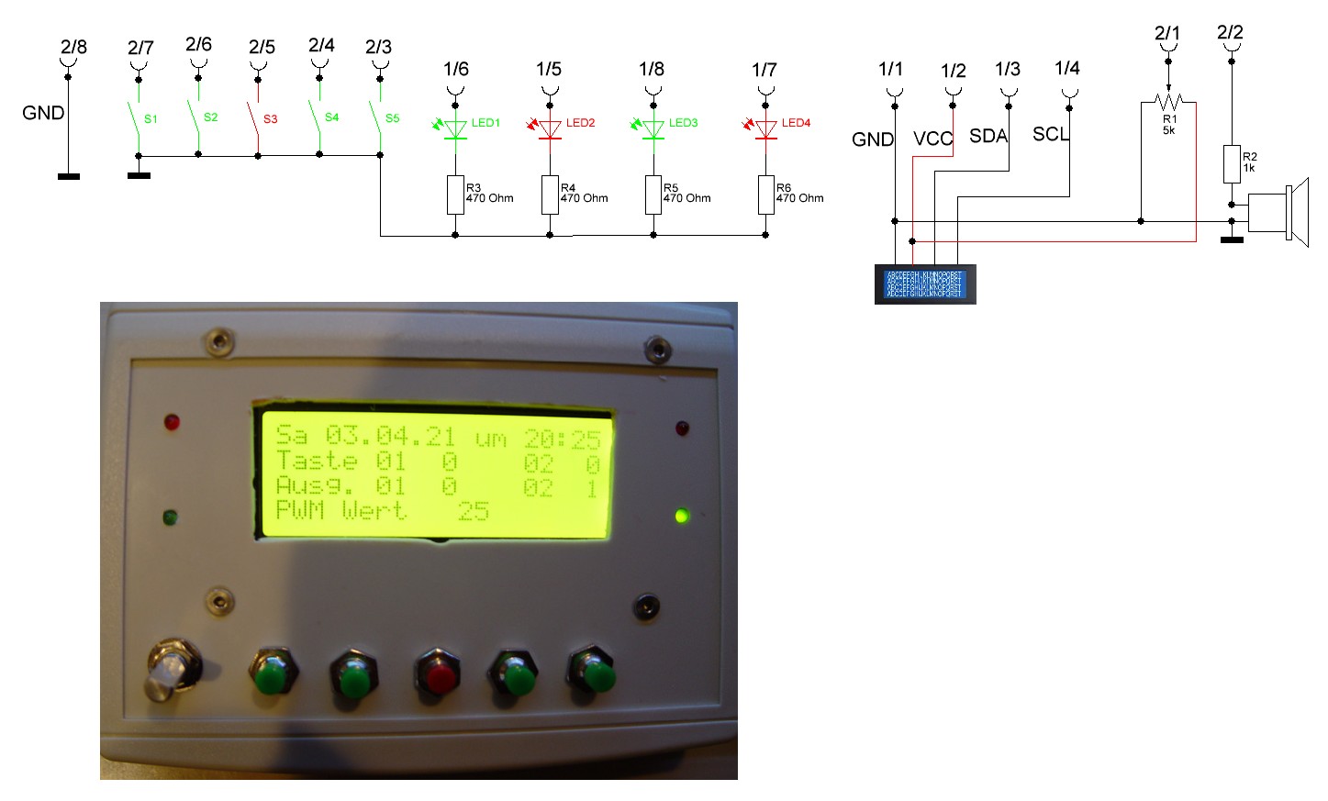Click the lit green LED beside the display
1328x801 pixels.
point(681,516)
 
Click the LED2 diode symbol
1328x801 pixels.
point(550,129)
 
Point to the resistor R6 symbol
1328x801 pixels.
point(765,195)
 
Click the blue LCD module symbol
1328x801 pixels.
point(924,284)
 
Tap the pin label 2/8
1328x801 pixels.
point(73,47)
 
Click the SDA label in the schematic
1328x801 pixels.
point(988,136)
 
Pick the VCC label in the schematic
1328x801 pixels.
point(932,139)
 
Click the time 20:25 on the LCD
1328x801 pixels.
point(562,439)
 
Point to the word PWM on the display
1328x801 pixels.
point(300,510)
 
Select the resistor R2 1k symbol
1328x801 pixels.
point(1232,163)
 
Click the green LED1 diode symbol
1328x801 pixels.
point(455,129)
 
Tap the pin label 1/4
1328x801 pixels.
point(1066,68)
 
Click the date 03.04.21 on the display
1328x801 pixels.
point(390,435)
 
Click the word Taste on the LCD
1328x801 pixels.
point(317,461)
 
